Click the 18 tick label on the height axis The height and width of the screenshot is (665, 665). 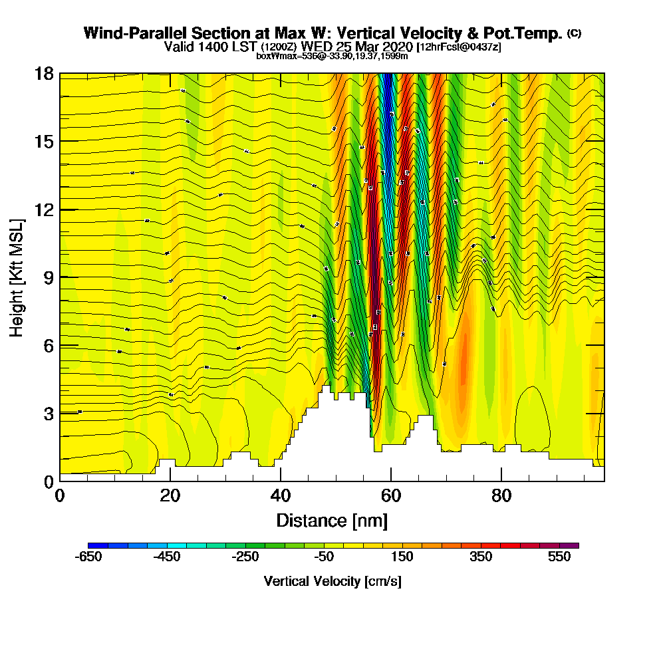44,73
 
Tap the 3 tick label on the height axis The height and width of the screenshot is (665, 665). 48,413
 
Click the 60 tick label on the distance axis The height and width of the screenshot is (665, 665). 391,496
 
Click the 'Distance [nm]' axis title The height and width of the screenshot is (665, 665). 332,520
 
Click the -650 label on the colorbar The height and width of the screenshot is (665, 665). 89,557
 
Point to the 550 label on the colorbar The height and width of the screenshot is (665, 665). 559,557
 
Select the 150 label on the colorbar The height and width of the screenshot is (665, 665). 402,557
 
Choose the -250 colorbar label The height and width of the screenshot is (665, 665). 245,557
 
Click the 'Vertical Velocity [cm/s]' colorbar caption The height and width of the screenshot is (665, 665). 332,581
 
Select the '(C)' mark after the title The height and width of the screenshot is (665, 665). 574,33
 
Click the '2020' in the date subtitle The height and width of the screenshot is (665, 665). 395,47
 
